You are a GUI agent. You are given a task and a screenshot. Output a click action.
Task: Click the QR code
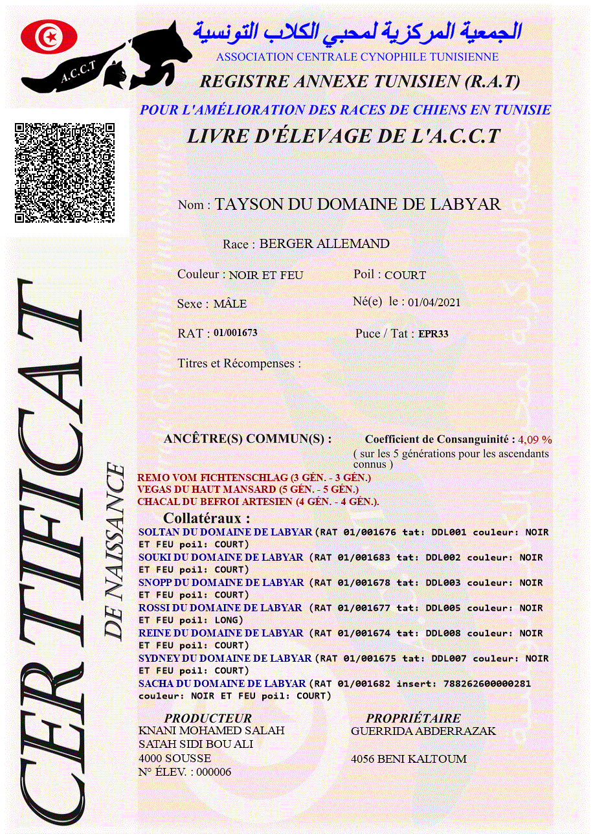click(65, 173)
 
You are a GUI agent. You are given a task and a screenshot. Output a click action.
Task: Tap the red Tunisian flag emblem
click(49, 37)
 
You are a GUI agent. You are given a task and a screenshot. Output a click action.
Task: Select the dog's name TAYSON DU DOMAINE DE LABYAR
click(358, 205)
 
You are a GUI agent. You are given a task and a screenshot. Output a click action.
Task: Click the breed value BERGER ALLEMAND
click(324, 244)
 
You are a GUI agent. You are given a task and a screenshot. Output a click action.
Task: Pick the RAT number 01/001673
click(236, 333)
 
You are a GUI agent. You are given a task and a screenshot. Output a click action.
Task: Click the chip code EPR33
click(433, 335)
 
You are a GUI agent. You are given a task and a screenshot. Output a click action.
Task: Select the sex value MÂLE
click(230, 304)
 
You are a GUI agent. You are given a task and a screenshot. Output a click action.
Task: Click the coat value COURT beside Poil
click(405, 275)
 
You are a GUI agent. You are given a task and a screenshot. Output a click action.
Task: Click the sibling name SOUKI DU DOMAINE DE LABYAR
click(221, 558)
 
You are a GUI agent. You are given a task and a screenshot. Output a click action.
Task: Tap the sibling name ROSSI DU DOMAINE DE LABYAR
click(220, 608)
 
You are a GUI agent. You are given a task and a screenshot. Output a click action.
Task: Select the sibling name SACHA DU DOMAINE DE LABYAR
click(222, 684)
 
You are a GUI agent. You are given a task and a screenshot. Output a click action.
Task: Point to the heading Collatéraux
click(207, 519)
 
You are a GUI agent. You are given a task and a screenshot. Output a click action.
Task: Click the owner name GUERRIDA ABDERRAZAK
click(423, 731)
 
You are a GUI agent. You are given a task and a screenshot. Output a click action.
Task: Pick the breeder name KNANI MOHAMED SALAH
click(212, 731)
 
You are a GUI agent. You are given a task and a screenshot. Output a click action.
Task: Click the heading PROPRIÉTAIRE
click(413, 718)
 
